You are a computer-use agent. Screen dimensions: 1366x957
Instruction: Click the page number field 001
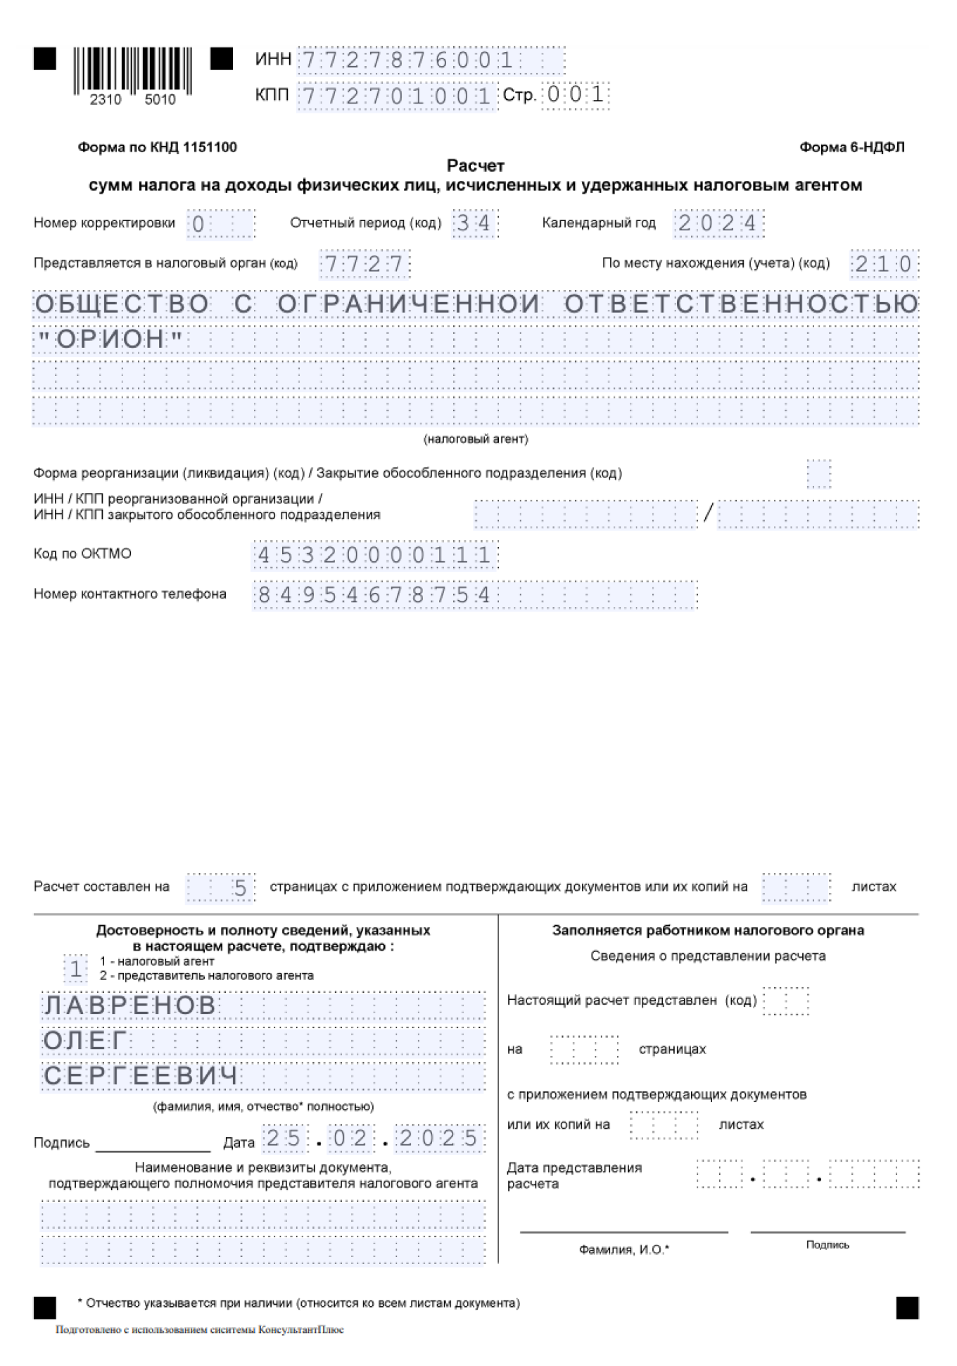[576, 94]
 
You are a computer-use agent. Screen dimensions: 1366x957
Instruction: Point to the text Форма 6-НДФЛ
[851, 147]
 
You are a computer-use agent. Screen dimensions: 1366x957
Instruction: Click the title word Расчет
[476, 166]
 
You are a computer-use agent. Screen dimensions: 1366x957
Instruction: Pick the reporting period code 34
[474, 223]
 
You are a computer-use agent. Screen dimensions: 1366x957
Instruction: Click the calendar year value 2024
[718, 223]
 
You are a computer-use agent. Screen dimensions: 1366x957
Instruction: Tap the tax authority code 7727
[364, 264]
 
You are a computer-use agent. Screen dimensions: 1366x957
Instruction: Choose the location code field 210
[884, 264]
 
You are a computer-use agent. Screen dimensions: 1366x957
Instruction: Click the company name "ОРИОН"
[110, 339]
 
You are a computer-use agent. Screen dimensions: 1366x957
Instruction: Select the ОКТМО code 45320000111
[374, 555]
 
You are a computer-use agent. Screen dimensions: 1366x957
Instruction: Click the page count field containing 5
[240, 888]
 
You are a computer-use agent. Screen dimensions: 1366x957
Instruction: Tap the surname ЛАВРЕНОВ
[130, 1005]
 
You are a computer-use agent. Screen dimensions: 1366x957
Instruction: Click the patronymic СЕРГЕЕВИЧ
[141, 1076]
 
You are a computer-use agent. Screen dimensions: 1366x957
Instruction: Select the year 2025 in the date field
[439, 1139]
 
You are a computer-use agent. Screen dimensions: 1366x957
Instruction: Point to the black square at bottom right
[907, 1308]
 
